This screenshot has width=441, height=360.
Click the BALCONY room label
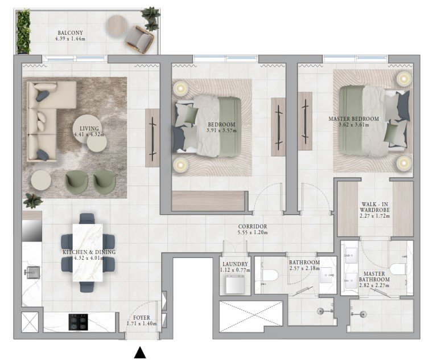[x=71, y=32]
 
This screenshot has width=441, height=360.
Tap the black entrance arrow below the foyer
[x=140, y=353]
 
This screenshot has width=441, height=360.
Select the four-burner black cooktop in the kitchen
[x=78, y=322]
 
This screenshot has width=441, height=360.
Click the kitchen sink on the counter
[x=32, y=272]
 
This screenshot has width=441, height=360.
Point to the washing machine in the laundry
[x=235, y=285]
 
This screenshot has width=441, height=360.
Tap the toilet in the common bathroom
[x=270, y=275]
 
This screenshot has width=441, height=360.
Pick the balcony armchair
[x=139, y=39]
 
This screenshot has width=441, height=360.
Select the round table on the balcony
[x=117, y=25]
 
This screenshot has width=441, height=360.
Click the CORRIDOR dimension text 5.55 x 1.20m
[x=252, y=232]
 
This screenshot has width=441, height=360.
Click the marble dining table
[x=88, y=252]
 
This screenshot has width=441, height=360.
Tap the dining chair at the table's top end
[x=86, y=218]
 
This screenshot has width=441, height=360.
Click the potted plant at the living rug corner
[x=33, y=201]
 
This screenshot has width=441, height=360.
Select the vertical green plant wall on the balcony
[x=23, y=31]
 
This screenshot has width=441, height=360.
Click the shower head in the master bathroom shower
[x=364, y=313]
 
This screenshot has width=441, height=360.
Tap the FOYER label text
[x=142, y=317]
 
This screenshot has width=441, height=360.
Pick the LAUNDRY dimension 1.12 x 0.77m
[x=235, y=270]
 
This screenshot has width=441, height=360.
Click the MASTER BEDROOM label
[x=353, y=119]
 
